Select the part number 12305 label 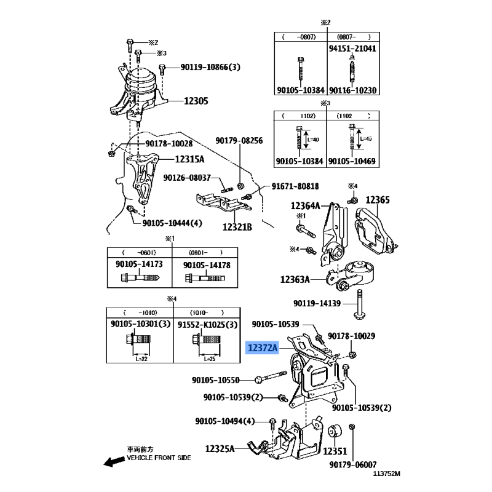[196, 101]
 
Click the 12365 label [378, 200]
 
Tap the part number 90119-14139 [323, 303]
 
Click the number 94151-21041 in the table [352, 48]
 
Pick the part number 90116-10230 [352, 90]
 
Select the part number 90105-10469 [352, 161]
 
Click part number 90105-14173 [140, 264]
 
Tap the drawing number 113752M [386, 474]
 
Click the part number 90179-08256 [239, 141]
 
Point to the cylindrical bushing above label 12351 [336, 432]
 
